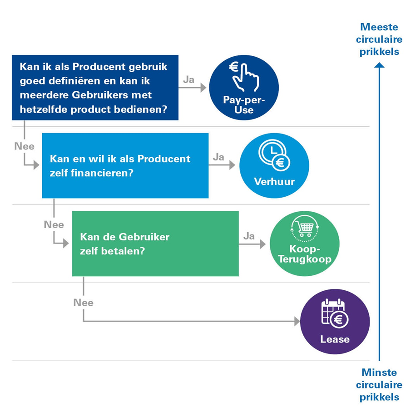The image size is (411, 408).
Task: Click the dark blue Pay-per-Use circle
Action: [x=244, y=88]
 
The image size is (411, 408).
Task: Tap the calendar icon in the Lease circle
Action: [x=334, y=313]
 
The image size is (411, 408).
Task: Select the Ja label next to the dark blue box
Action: [x=188, y=80]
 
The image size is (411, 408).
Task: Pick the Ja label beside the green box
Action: [x=249, y=236]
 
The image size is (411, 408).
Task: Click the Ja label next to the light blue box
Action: [x=218, y=157]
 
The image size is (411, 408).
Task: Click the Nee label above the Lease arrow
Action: [x=84, y=303]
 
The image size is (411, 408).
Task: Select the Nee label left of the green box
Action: [x=54, y=224]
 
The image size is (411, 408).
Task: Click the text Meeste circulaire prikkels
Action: [x=380, y=40]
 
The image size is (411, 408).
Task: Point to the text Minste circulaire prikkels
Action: [x=379, y=385]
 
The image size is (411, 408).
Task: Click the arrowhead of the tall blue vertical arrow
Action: [x=379, y=66]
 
